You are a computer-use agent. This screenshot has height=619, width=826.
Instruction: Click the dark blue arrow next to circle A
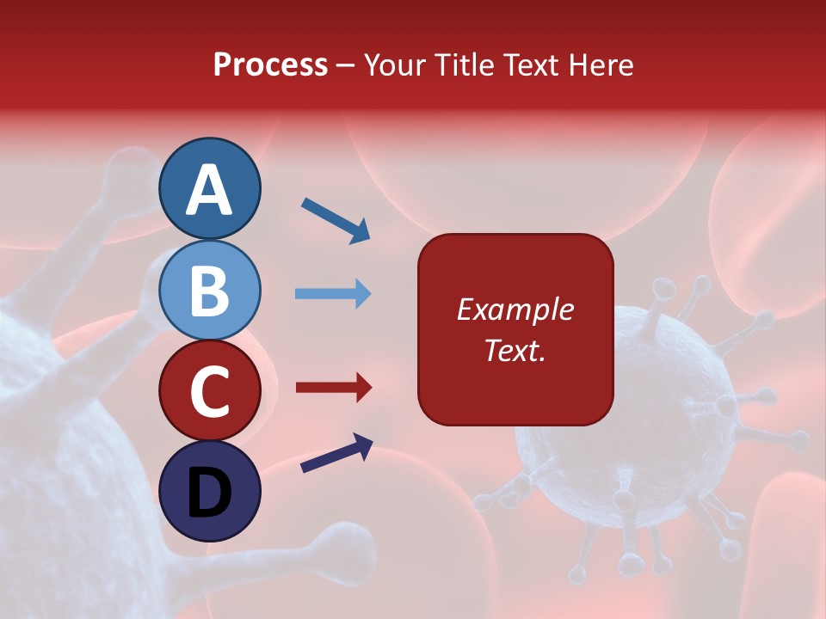(x=336, y=220)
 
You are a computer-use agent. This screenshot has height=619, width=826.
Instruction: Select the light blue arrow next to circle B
(x=333, y=294)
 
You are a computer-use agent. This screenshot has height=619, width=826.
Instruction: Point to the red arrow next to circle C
(x=334, y=388)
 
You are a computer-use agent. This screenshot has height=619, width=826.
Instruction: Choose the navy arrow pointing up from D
(x=336, y=454)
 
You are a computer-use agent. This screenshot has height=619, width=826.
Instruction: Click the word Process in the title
(x=270, y=65)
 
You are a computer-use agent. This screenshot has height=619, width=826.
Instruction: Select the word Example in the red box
(x=515, y=309)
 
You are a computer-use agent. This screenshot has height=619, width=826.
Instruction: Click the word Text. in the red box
(x=515, y=350)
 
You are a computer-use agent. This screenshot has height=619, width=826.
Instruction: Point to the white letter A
(x=210, y=191)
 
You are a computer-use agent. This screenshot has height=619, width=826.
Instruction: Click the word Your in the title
(x=395, y=65)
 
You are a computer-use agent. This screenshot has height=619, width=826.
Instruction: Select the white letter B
(x=210, y=291)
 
